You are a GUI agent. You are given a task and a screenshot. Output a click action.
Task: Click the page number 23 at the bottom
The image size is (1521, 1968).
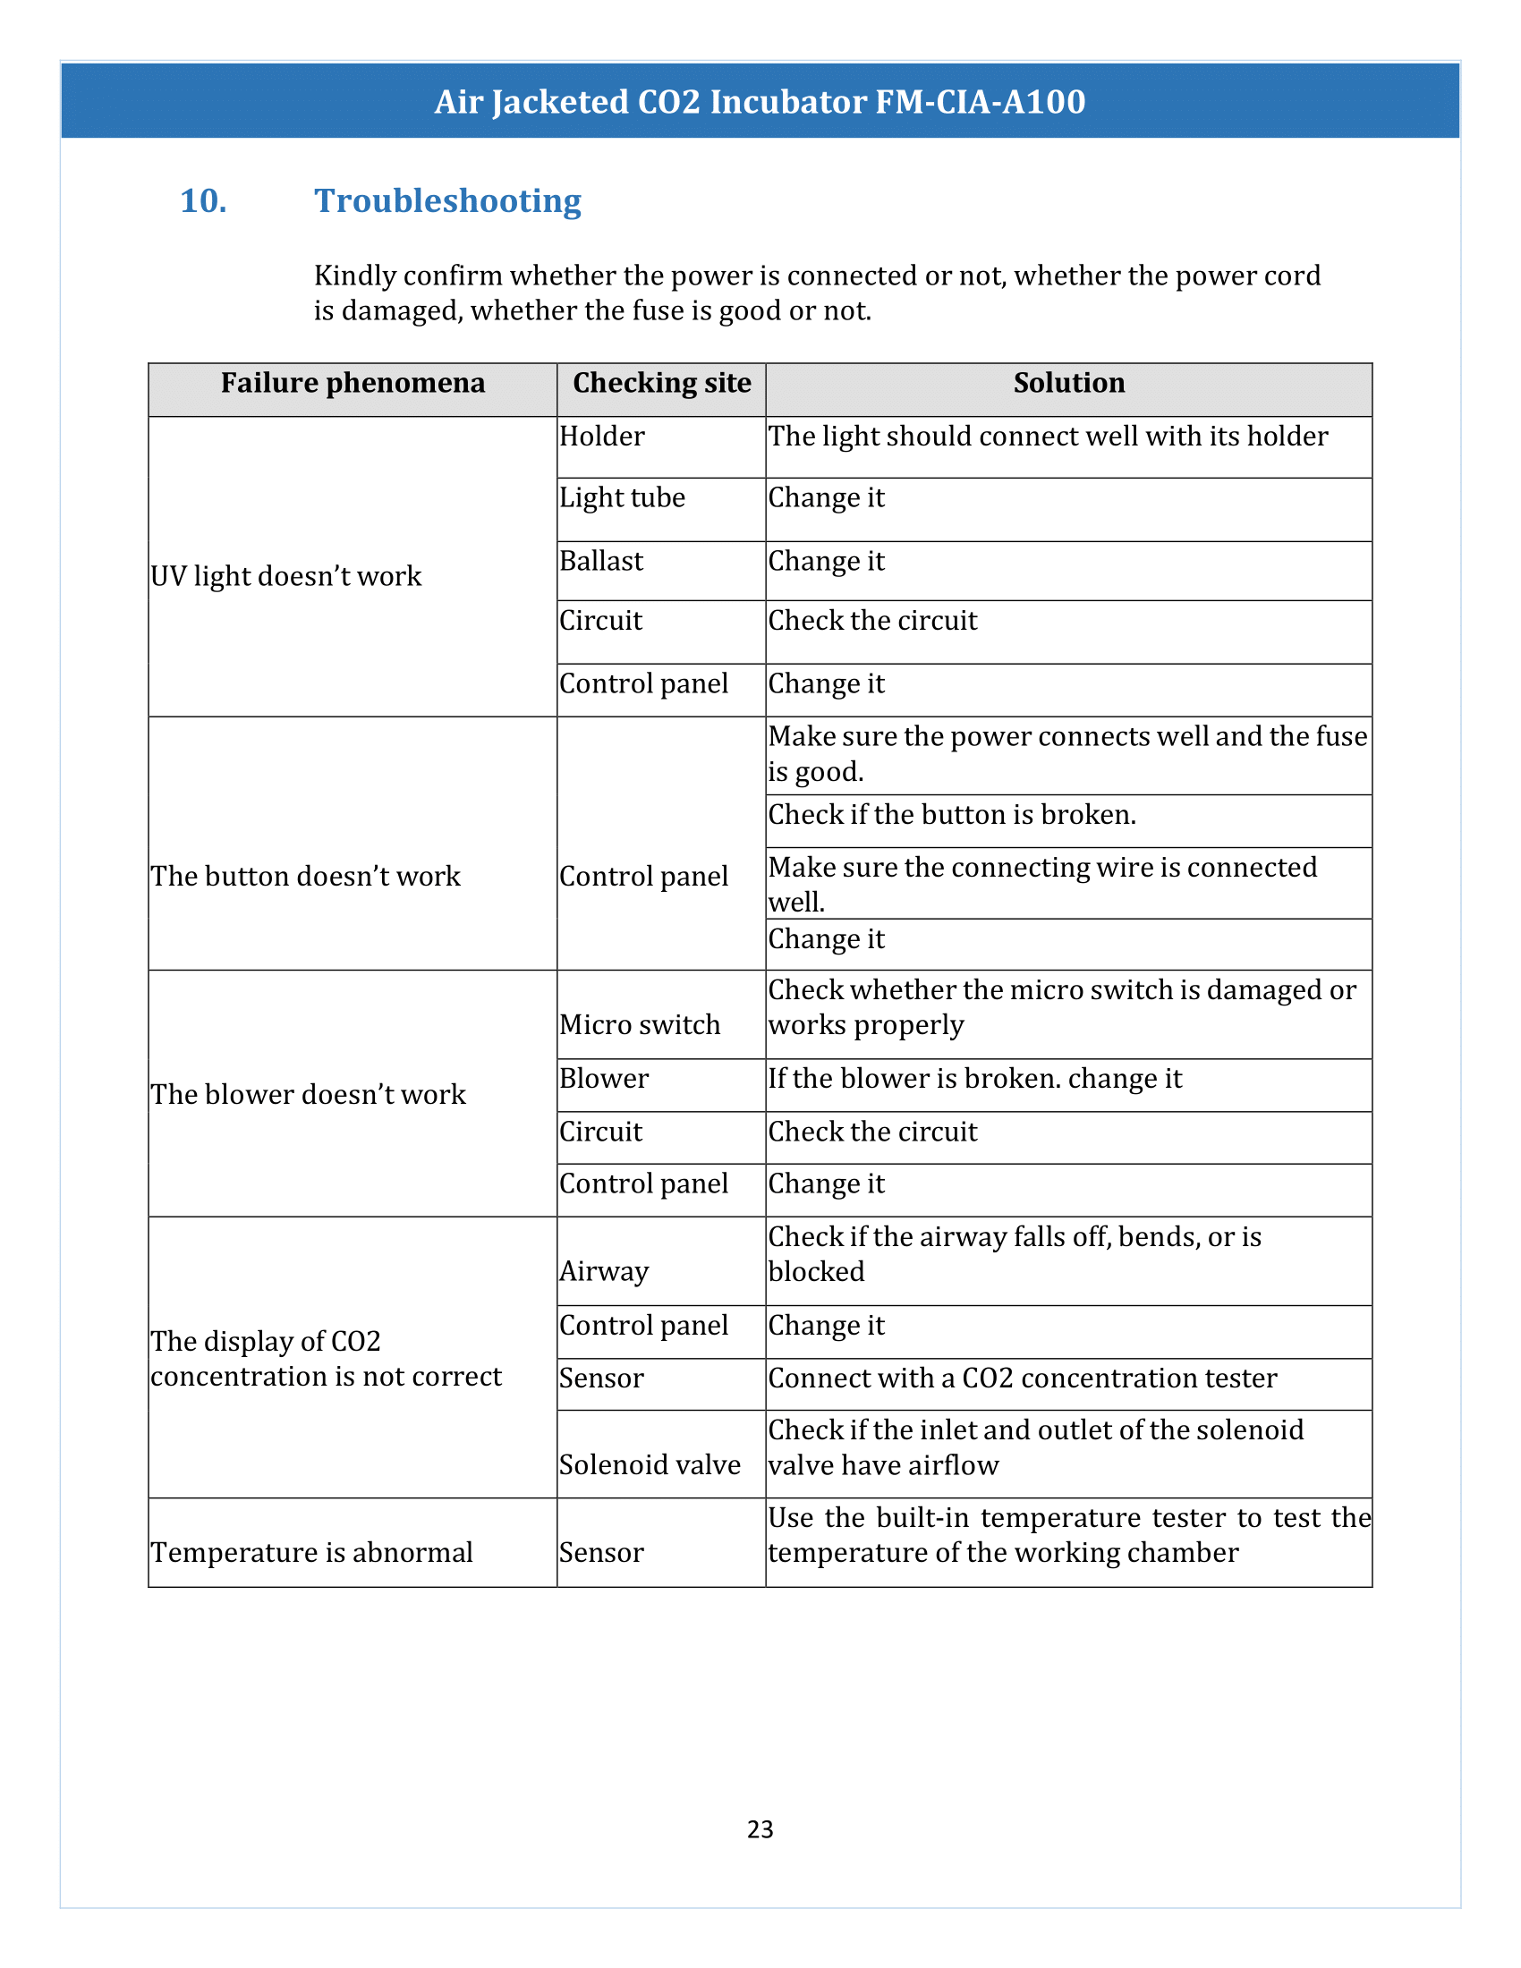coord(760,1828)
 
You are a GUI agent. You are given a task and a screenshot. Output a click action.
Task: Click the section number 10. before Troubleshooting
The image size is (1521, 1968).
coord(203,201)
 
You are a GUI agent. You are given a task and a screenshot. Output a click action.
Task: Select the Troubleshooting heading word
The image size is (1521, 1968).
coord(447,201)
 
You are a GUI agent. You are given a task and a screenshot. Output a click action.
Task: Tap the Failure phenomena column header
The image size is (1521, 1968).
coord(353,383)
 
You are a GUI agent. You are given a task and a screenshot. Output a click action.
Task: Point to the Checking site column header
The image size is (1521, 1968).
coord(661,383)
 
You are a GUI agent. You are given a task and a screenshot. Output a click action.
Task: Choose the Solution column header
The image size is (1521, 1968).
coord(1068,383)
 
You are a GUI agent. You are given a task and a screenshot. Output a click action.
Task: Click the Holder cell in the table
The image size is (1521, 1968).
coord(602,437)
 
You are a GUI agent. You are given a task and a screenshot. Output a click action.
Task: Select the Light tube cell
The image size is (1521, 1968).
coord(622,497)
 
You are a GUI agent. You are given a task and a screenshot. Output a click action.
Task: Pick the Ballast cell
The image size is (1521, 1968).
coord(601,561)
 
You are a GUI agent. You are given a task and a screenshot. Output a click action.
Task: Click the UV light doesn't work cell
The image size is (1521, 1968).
coord(285,576)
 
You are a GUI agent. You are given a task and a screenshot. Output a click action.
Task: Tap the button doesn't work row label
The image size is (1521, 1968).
coord(305,876)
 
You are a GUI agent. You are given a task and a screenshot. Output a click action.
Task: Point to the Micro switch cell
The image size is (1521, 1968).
coord(640,1024)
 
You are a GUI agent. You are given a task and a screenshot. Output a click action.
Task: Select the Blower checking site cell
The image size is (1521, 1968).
coord(604,1079)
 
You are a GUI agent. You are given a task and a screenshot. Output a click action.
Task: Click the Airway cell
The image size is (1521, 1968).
coord(604,1271)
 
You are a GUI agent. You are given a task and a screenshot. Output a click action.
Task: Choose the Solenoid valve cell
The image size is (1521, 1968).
coord(650,1465)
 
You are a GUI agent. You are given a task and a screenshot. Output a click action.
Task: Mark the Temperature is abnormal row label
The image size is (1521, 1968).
coord(311,1553)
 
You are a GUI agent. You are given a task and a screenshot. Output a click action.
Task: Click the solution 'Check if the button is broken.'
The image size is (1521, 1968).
coord(952,815)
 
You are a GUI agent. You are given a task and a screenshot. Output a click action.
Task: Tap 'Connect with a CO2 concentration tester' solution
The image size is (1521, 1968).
coord(1022,1378)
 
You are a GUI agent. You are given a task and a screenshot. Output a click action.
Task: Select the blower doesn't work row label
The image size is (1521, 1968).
coord(308,1094)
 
